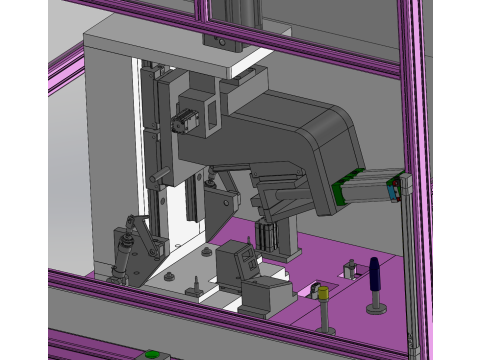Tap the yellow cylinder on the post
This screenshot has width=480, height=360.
(323, 293)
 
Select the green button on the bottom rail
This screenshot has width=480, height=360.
(153, 354)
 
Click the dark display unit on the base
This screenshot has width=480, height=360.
(240, 263)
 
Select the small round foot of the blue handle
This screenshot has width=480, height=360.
(376, 308)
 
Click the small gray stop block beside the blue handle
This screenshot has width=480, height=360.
(351, 270)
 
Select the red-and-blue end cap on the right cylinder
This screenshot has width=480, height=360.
(407, 184)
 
